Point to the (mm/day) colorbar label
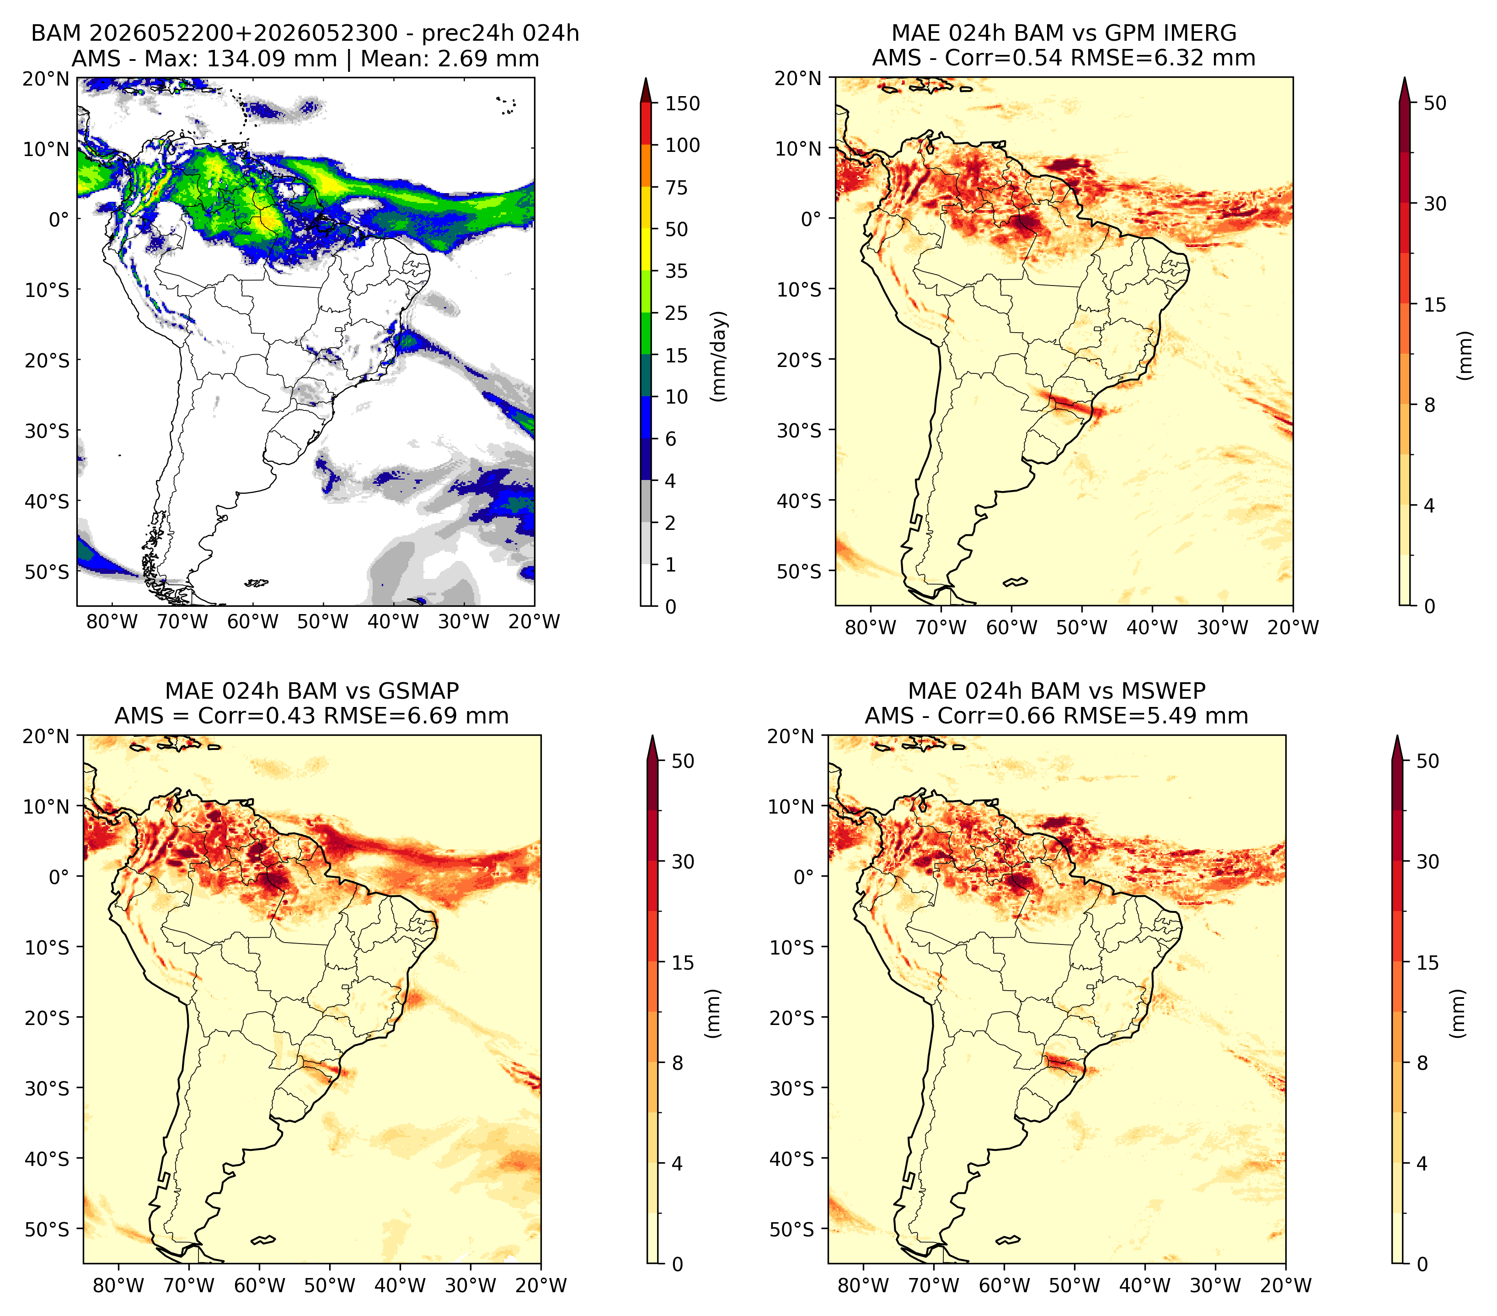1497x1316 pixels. pyautogui.click(x=720, y=356)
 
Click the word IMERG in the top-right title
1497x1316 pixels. pyautogui.click(x=1200, y=33)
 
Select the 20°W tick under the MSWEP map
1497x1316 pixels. pyautogui.click(x=1285, y=1286)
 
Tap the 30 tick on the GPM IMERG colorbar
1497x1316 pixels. pyautogui.click(x=1435, y=204)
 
